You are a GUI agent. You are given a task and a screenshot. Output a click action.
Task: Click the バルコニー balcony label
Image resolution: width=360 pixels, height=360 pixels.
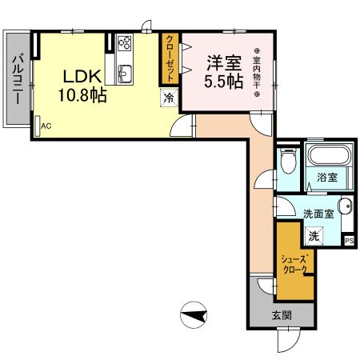tap(18, 78)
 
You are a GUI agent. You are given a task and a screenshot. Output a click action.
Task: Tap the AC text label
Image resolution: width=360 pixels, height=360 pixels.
tap(46, 126)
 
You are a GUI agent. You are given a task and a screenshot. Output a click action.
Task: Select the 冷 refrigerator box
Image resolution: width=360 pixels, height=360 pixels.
tap(169, 98)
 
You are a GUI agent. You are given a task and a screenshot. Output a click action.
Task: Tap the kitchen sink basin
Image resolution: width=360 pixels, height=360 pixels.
tap(125, 75)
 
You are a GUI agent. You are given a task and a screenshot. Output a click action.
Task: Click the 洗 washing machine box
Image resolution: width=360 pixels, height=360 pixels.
tap(314, 235)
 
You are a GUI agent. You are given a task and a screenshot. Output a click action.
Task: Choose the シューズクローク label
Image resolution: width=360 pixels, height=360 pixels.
tap(294, 264)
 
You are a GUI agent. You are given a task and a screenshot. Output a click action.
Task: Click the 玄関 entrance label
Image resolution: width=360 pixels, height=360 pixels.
tap(281, 314)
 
